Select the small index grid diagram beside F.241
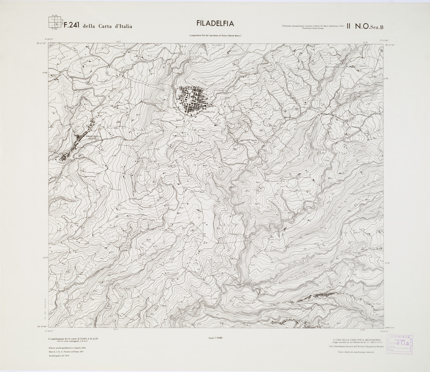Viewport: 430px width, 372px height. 55,22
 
